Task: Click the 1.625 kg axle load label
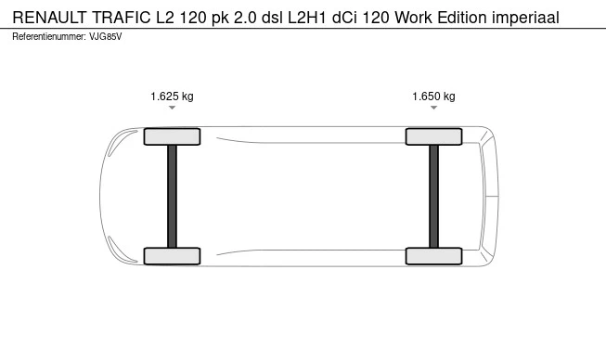coord(172,96)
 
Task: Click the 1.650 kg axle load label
coord(433,96)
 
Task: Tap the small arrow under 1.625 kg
coord(172,108)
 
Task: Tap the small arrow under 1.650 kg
coord(433,108)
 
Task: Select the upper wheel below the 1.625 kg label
coord(172,136)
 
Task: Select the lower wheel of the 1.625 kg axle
coord(172,256)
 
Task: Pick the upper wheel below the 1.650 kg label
coord(433,136)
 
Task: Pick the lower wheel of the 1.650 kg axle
coord(433,256)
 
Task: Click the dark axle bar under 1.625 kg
coord(172,196)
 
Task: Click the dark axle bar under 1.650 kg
coord(433,196)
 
